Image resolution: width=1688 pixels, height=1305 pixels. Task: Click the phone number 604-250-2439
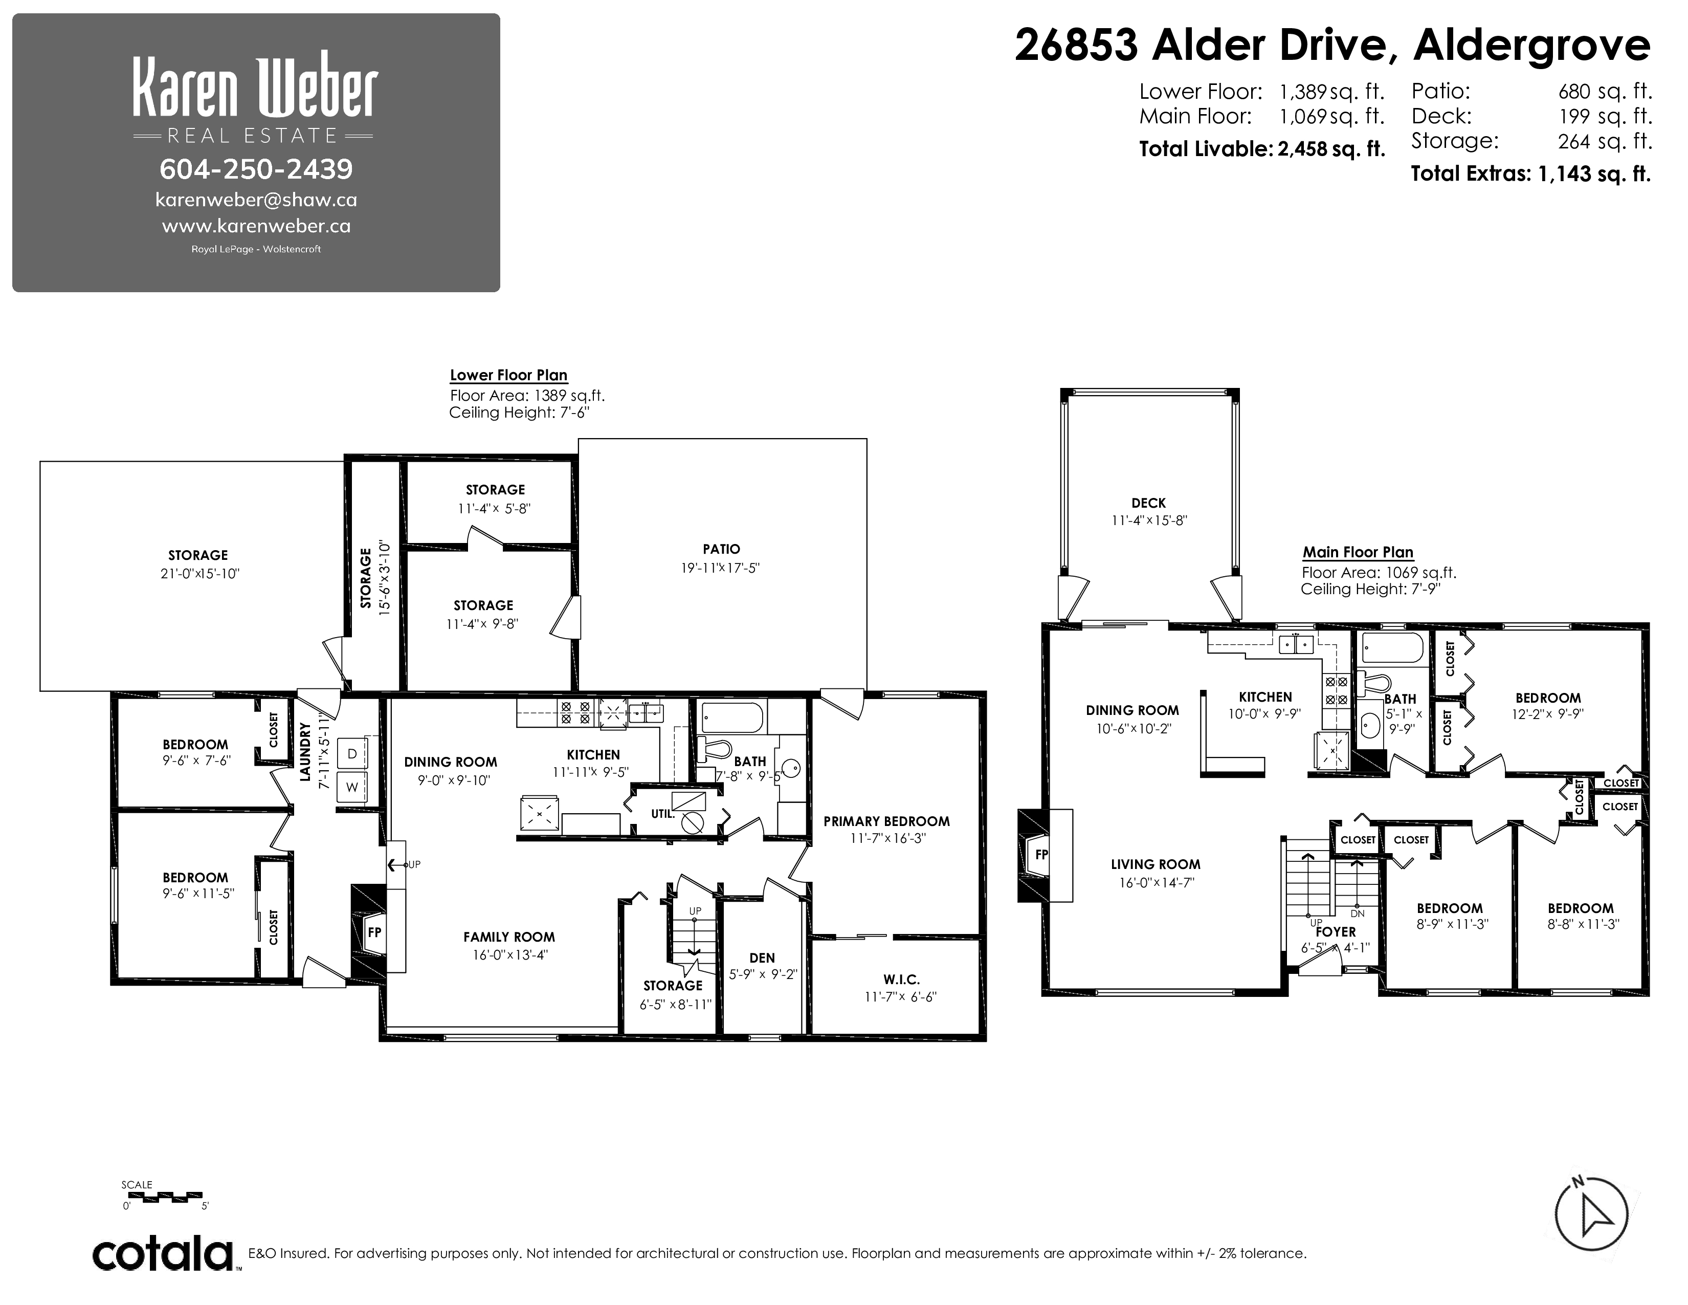coord(256,168)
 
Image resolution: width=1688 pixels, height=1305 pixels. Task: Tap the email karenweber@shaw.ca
coord(256,200)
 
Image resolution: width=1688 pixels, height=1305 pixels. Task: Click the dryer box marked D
coord(352,753)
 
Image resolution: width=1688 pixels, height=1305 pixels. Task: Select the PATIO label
coord(721,549)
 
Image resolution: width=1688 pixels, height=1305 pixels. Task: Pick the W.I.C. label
coord(901,978)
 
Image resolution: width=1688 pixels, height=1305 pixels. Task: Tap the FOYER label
coord(1336,931)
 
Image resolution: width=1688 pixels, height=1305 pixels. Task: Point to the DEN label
coord(762,958)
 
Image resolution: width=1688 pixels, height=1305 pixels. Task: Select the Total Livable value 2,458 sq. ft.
coord(1331,148)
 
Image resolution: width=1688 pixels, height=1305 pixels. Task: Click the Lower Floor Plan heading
coord(508,375)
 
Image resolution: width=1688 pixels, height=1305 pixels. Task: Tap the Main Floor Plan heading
coord(1358,552)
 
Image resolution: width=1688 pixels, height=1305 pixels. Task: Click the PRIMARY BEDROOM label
coord(886,821)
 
